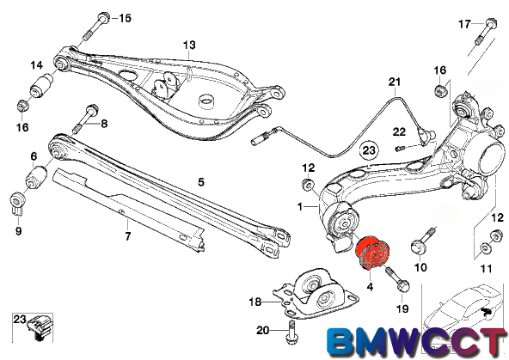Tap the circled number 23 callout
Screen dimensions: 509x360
[369, 150]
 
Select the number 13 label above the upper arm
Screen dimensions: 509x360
[189, 45]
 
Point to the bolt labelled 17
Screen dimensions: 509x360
[485, 32]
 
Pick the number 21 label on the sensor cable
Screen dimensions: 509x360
[395, 82]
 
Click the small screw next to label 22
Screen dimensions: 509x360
[399, 149]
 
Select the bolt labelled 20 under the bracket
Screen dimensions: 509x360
[291, 332]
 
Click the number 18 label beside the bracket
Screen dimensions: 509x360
[254, 302]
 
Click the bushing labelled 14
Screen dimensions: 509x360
[41, 85]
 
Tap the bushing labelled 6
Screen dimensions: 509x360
[36, 177]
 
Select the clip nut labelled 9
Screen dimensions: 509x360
[17, 203]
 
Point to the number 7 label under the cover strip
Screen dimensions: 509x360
[127, 236]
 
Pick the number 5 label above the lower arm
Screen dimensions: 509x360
[201, 182]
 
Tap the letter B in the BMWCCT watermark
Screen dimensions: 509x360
[340, 342]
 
